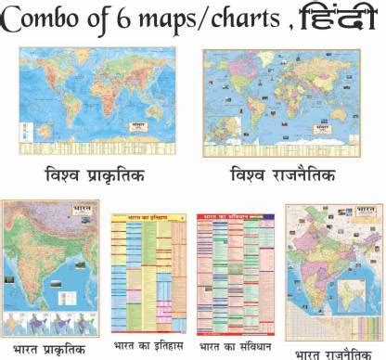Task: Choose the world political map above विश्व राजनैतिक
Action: pos(281,101)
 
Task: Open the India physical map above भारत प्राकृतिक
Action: pos(52,269)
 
